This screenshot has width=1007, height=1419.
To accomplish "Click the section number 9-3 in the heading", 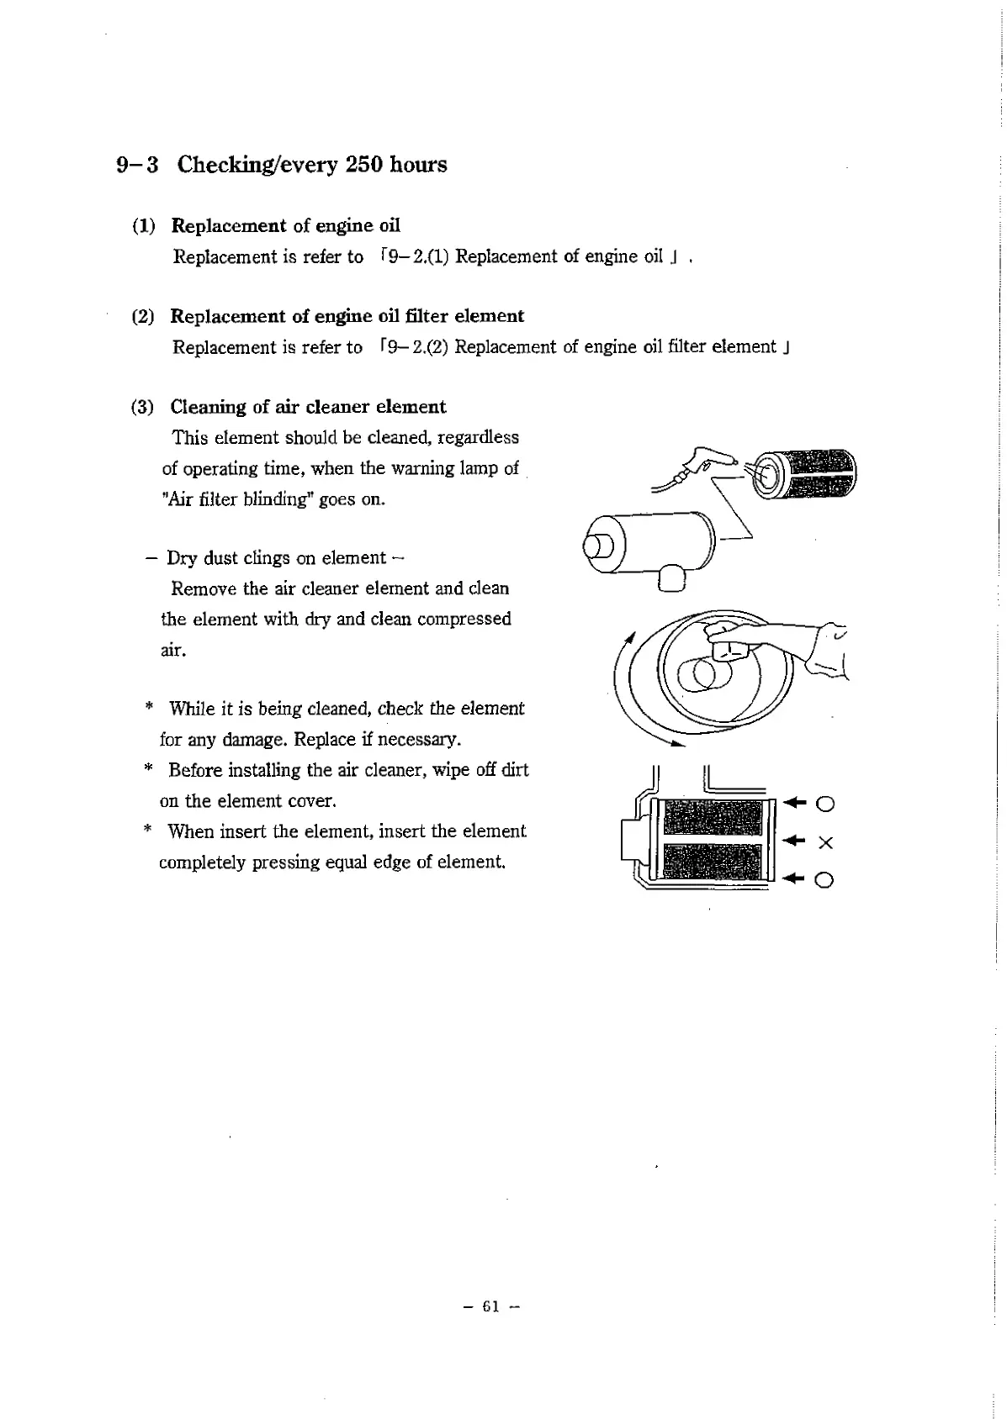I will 137,164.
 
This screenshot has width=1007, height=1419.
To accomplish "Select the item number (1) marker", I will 143,225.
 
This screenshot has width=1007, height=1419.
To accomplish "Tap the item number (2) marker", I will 143,316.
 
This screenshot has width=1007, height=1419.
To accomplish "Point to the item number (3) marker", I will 143,407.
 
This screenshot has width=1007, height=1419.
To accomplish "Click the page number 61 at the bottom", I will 492,1306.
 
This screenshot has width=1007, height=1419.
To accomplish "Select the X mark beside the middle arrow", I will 824,842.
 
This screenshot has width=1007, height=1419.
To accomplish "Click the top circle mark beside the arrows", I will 825,804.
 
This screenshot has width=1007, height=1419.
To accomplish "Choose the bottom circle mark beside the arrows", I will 825,880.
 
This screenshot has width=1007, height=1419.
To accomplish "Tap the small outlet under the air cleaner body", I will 673,578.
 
